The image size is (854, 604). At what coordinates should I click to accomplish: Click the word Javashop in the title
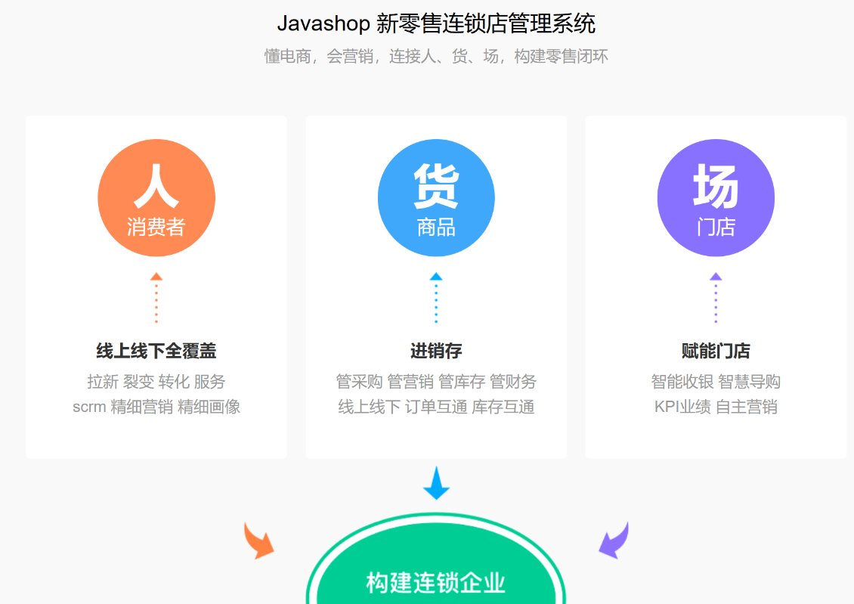[323, 24]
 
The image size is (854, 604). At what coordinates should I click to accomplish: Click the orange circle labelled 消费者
[156, 198]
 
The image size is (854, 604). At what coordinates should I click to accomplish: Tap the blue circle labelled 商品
[436, 198]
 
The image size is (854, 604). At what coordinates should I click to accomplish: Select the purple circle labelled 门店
[716, 198]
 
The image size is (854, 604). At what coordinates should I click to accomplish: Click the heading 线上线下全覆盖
[156, 351]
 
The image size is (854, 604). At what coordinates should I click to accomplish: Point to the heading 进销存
[436, 351]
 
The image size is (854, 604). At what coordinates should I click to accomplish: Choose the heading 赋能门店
[716, 351]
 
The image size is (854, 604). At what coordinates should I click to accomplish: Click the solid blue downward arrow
[436, 484]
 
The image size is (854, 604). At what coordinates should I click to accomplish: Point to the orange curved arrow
[258, 540]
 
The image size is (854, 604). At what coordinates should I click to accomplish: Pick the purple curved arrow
[614, 540]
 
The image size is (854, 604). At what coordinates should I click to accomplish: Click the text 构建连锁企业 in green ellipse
[436, 583]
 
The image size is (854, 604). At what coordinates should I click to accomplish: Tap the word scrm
[89, 407]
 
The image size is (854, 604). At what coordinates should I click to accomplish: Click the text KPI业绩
[682, 407]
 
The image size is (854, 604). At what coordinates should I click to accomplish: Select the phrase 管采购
[359, 382]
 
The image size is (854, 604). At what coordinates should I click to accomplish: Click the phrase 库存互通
[503, 407]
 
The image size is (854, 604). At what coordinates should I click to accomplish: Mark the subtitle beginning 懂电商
[436, 57]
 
